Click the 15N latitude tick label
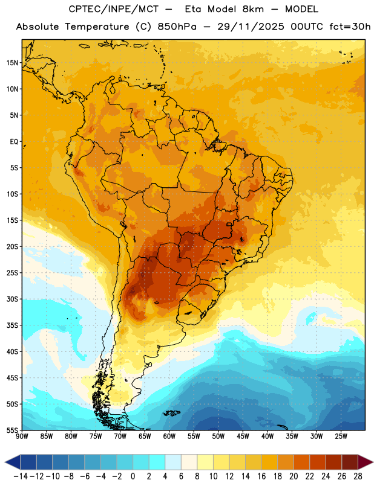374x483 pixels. click(12, 63)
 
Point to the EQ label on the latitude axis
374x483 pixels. click(14, 142)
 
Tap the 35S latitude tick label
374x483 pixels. click(12, 325)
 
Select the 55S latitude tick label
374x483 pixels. click(12, 430)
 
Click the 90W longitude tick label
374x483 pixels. click(22, 437)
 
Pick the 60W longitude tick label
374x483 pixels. click(169, 437)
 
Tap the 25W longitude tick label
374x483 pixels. click(341, 437)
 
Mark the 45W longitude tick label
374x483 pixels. click(243, 437)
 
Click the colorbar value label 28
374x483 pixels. click(358, 476)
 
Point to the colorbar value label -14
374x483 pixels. click(21, 476)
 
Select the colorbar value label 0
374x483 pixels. click(133, 476)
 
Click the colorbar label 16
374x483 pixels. click(261, 476)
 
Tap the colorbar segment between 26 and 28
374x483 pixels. click(350, 462)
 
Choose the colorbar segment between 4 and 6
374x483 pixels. click(173, 462)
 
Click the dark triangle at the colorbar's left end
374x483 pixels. click(13, 462)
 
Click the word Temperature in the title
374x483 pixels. click(97, 27)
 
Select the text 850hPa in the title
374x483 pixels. click(177, 27)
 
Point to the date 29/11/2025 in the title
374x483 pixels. click(251, 27)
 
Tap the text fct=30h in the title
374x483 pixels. click(350, 27)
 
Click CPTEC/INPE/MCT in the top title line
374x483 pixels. click(114, 9)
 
